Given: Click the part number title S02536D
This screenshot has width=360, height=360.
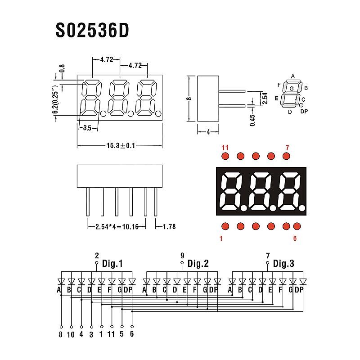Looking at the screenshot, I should pos(93,30).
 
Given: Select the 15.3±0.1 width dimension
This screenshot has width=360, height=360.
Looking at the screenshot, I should pos(120,145).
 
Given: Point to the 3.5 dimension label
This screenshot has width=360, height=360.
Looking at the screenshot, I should pos(87,128).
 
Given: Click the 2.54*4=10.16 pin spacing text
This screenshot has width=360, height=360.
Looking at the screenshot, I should pos(117,227).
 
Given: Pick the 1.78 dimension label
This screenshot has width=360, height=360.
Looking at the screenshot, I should pos(169,227).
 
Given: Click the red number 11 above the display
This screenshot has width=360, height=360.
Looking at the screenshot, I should pos(225,147).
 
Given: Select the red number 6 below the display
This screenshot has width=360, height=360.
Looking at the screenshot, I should pos(295,238).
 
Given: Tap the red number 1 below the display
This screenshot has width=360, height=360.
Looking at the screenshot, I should pos(221,238).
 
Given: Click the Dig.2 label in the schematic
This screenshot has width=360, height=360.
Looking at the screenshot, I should pos(198,263).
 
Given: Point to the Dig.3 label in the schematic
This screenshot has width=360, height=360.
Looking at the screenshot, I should pos(283,263).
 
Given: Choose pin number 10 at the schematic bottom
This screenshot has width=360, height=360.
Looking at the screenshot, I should pos(71,334).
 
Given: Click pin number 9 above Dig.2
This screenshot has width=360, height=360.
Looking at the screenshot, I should pos(182,256).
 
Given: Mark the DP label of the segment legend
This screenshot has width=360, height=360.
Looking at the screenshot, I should pos(304,111).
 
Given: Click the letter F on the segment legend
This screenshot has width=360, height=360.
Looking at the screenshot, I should pos(279,85).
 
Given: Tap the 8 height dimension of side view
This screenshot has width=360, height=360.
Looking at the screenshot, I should pos(189,98).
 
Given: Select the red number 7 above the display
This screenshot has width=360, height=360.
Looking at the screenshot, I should pos(287,147).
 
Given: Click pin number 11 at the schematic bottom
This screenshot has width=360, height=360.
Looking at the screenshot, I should pos(112,334).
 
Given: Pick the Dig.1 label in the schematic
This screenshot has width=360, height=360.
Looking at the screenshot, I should pos(112,263).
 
